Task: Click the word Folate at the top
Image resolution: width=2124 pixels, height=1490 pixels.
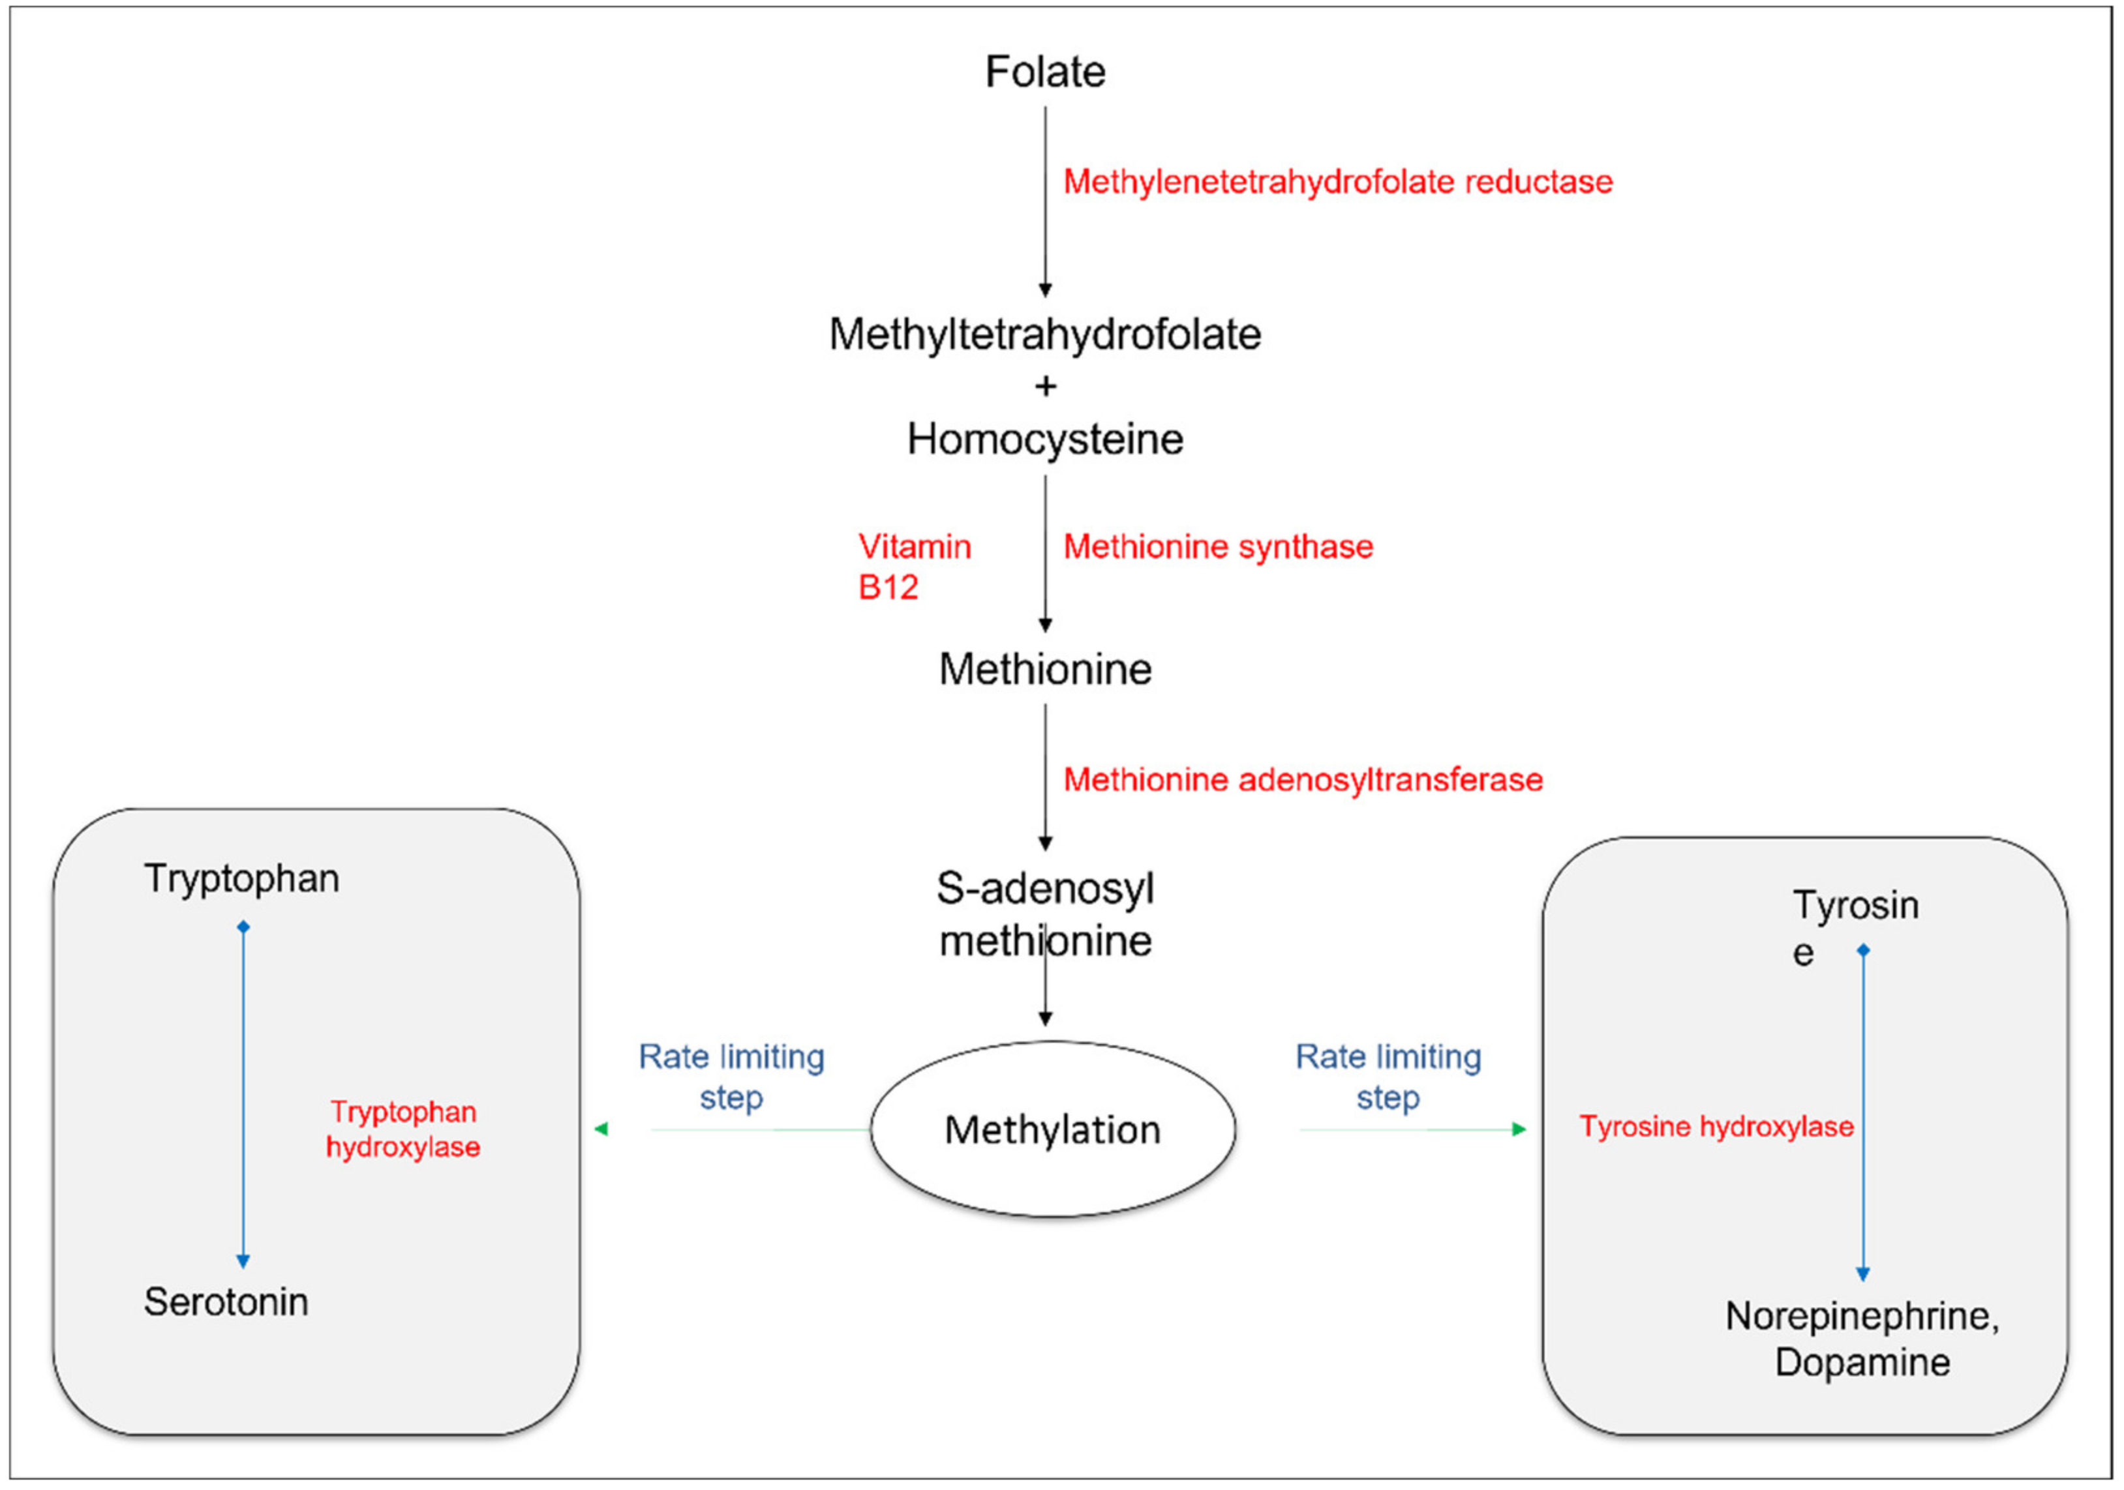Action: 1044,72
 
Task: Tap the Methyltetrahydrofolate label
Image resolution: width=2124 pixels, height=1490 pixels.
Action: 1044,335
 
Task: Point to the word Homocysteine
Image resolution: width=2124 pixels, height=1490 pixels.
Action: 1044,440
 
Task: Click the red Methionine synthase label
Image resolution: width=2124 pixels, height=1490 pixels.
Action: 1217,546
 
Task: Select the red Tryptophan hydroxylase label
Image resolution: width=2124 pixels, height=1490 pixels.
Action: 402,1129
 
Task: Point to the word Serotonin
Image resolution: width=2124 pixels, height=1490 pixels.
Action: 226,1302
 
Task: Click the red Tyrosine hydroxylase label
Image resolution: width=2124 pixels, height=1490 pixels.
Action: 1716,1127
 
